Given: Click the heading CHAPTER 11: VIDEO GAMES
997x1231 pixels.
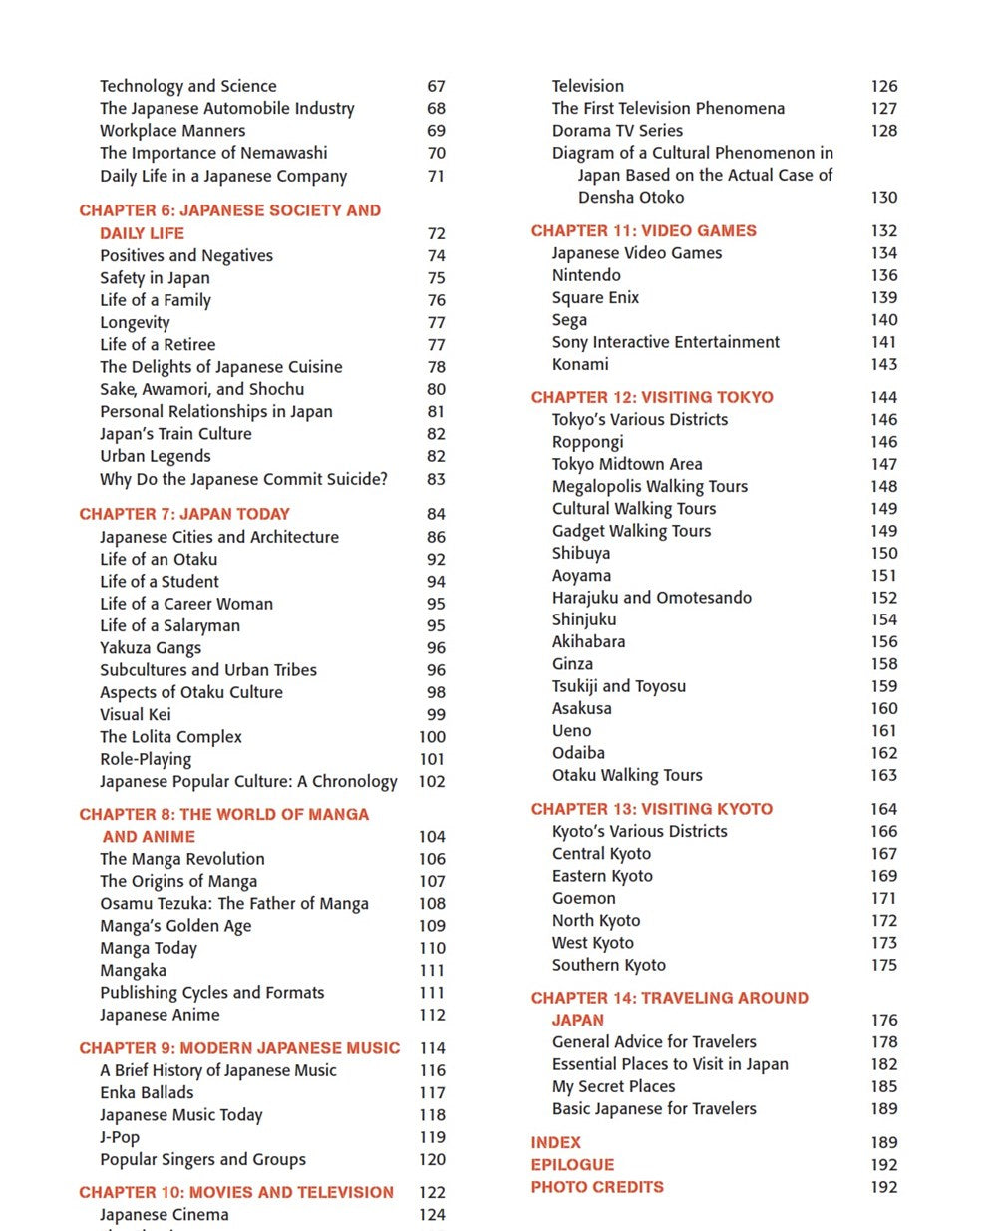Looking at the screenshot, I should click(643, 231).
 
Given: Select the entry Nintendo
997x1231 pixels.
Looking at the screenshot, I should click(586, 275).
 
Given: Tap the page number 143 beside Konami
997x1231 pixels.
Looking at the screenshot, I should click(883, 365).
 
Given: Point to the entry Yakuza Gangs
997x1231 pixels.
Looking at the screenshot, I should click(150, 648).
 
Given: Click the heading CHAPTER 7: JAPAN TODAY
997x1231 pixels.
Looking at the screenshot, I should click(184, 515).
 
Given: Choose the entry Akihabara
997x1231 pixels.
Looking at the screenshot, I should click(588, 642).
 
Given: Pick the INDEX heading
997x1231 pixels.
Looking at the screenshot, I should click(555, 1143).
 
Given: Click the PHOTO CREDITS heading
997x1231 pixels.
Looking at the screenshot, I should click(597, 1187).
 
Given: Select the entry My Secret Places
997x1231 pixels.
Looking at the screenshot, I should click(613, 1087).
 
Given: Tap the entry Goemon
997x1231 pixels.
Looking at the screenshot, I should click(583, 899).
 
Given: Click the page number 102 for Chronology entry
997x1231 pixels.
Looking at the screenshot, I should click(432, 782).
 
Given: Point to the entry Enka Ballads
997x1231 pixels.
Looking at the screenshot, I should click(147, 1093).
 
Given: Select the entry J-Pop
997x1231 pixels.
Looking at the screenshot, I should click(120, 1137).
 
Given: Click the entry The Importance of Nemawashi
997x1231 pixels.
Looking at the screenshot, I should click(213, 153).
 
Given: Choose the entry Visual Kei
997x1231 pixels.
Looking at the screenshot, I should click(135, 715).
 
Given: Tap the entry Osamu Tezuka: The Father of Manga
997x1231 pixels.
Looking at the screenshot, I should click(233, 904).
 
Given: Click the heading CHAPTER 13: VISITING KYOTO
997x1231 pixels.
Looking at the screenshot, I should click(651, 809).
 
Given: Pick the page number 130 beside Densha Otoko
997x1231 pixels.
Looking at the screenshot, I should click(883, 198).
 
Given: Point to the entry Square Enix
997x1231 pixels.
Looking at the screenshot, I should click(595, 298).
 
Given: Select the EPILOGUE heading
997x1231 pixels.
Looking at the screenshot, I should click(572, 1165).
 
